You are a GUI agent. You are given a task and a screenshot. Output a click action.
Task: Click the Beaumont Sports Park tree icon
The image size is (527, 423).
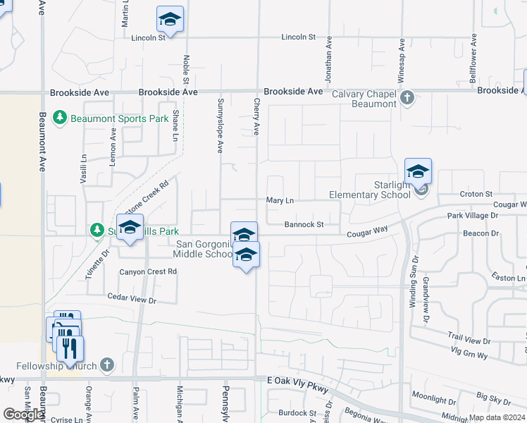[x=61, y=118]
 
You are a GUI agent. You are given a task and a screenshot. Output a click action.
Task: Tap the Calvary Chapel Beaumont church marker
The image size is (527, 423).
[x=407, y=98]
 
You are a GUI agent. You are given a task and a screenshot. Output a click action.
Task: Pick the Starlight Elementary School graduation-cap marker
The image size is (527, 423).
[x=418, y=171]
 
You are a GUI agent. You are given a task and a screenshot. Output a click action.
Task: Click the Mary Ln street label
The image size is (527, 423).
[x=280, y=200]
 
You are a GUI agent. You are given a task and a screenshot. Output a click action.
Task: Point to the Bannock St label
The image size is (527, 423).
[x=304, y=224]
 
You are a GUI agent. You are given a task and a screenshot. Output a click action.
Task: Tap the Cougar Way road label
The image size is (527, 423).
[x=366, y=231]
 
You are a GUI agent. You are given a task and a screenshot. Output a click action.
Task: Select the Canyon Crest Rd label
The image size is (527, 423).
[x=148, y=271]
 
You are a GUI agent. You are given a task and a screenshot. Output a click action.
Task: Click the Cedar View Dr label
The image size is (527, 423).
[x=131, y=299]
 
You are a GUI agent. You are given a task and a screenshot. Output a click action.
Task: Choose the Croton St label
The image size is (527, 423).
[x=476, y=194]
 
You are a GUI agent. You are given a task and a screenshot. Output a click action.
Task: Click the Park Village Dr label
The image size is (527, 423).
[x=472, y=214]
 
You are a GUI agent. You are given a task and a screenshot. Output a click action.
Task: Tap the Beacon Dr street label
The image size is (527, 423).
[x=480, y=233]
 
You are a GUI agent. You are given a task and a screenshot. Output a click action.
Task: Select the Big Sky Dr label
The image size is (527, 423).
[x=493, y=400]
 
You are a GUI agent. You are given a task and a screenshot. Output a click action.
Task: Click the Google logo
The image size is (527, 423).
[x=23, y=415]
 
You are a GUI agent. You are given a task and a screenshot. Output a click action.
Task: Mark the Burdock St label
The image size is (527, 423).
[x=297, y=412]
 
